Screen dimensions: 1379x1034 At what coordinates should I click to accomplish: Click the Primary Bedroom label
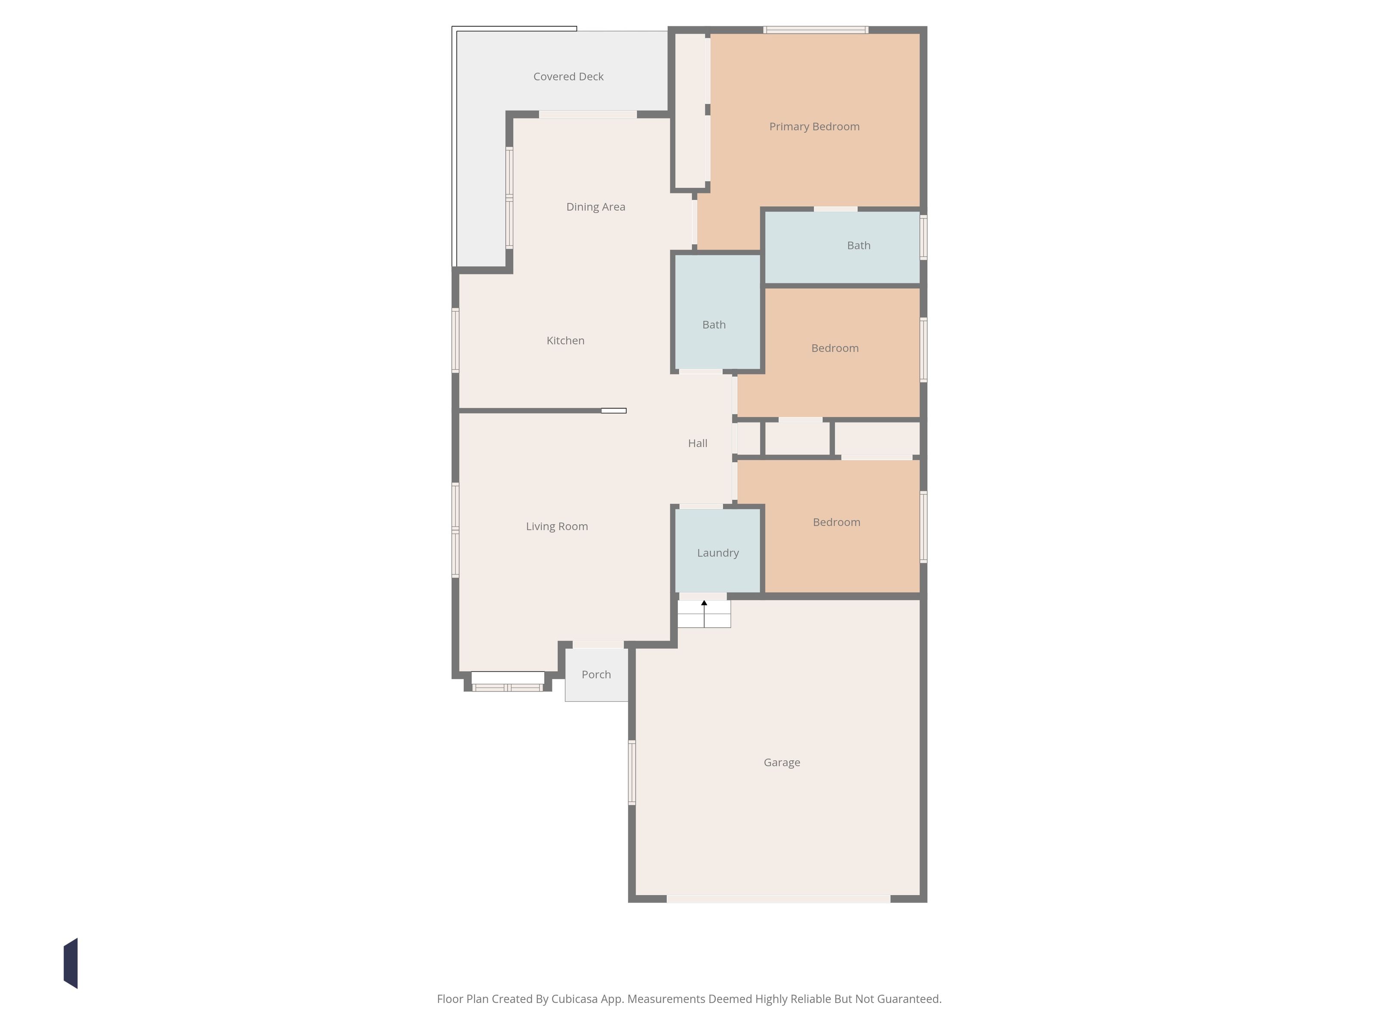pos(814,127)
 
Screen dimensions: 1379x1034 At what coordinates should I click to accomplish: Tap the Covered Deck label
pos(568,77)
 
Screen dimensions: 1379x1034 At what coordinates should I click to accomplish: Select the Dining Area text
pos(596,207)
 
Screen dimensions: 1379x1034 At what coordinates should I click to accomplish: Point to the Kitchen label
pos(565,340)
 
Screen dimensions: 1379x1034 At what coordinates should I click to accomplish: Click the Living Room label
pos(557,526)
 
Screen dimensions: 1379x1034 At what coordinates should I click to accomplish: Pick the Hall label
pos(698,443)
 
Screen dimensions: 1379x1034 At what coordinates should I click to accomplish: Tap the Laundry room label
pos(718,553)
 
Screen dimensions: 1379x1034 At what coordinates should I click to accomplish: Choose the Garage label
pos(782,762)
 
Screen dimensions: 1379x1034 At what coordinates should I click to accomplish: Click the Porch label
pos(596,674)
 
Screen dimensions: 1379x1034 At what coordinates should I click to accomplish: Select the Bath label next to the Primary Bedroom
pos(858,246)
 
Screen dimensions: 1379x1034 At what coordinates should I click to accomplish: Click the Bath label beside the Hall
pos(714,325)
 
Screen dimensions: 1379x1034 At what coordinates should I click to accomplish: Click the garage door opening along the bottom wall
pos(779,899)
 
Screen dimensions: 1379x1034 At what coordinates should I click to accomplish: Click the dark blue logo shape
pos(70,963)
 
